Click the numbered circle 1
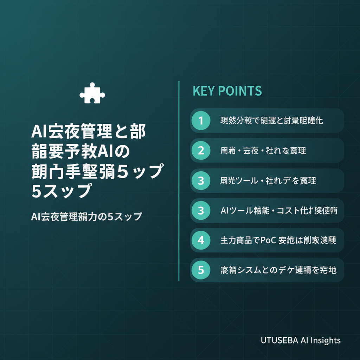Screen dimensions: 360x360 (x=201, y=121)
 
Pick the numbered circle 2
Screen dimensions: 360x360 (x=201, y=150)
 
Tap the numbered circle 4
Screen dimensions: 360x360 (x=201, y=240)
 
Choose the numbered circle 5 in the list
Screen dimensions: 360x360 (x=201, y=270)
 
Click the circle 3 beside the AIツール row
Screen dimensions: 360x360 (x=201, y=210)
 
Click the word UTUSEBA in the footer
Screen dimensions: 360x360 (x=279, y=340)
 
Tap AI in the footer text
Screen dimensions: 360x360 (x=304, y=340)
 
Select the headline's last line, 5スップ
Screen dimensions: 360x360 (x=59, y=191)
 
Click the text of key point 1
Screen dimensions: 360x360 (x=271, y=121)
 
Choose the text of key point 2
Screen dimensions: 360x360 (x=263, y=151)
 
